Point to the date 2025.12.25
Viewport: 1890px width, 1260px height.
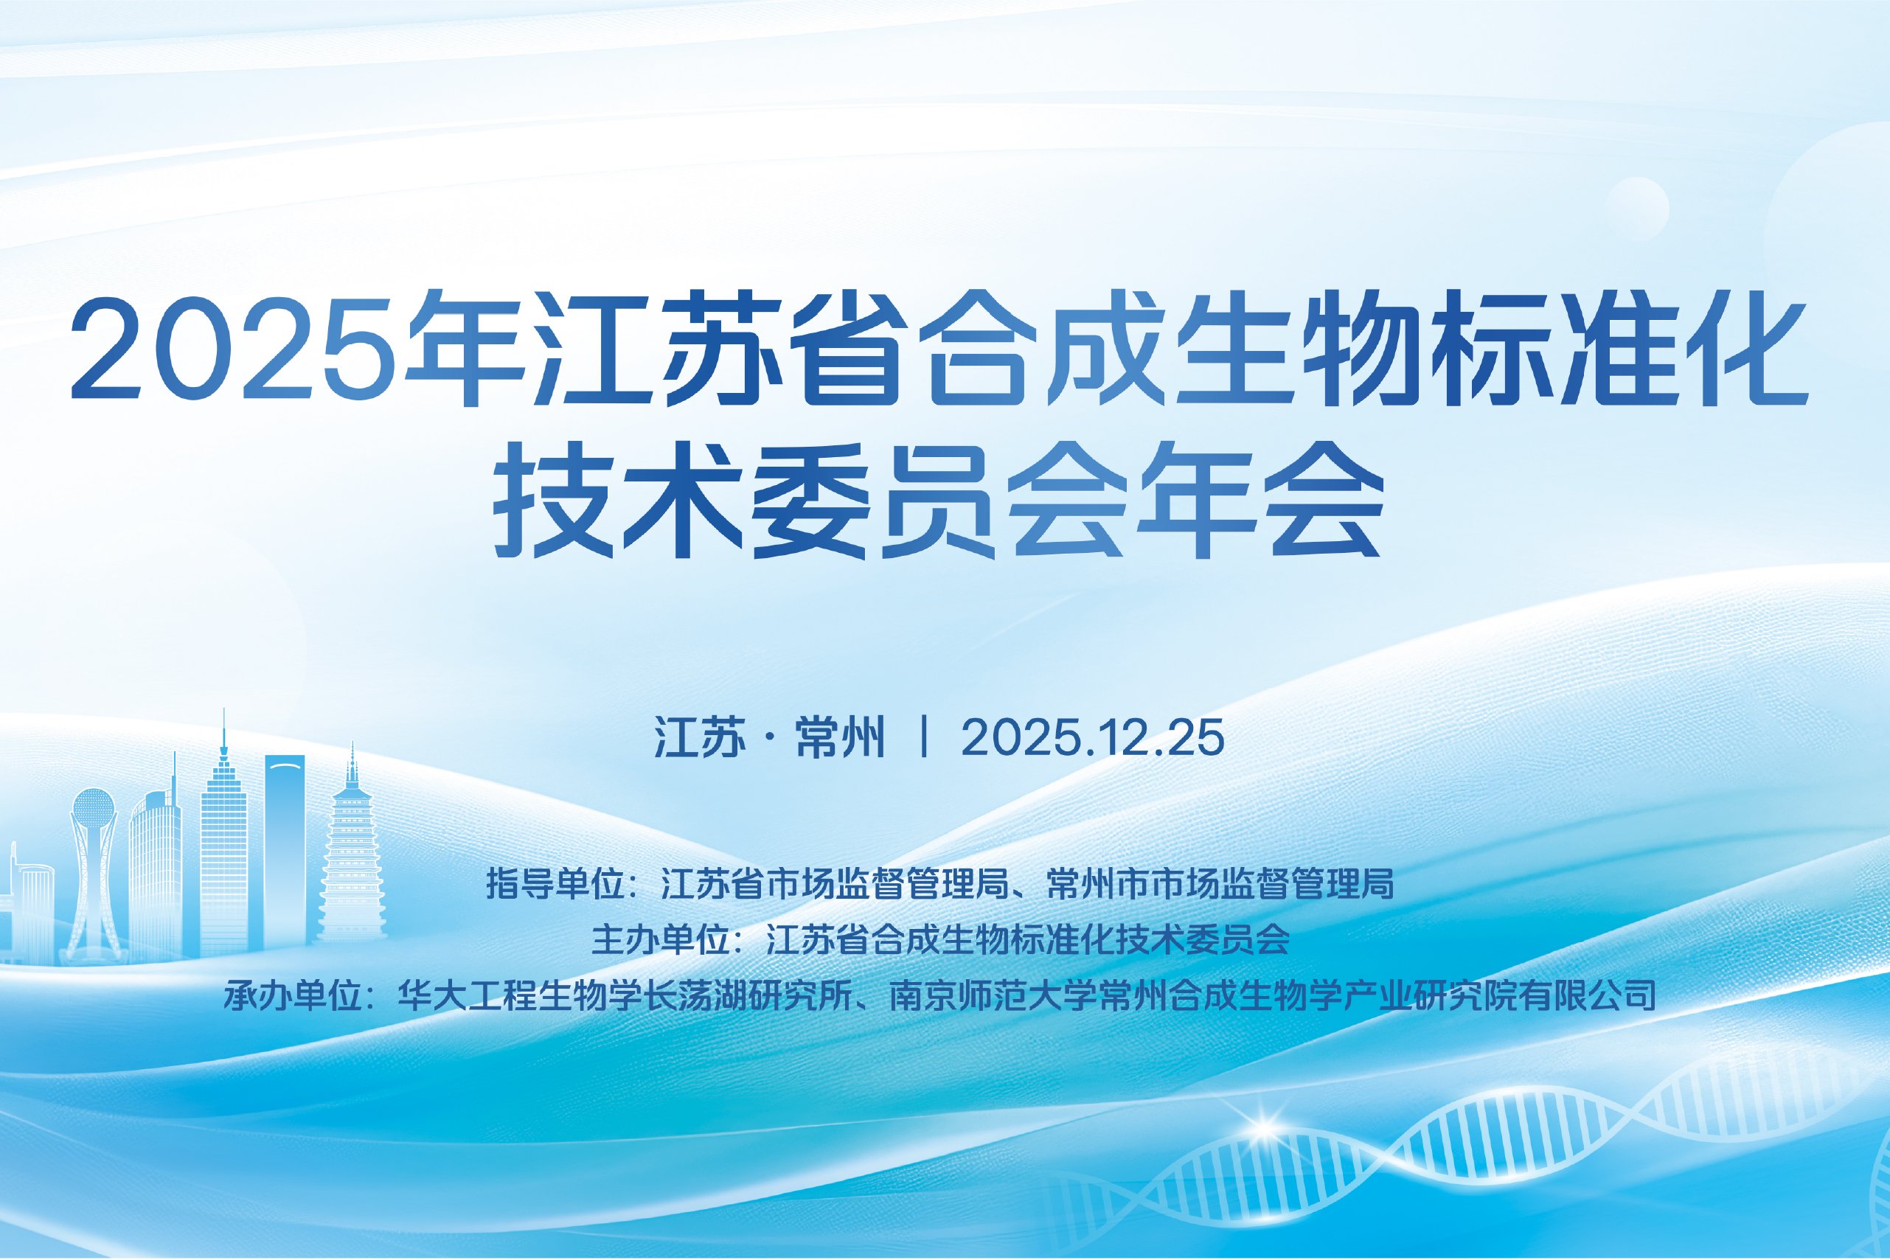1093,738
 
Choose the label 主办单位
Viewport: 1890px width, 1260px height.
661,939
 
